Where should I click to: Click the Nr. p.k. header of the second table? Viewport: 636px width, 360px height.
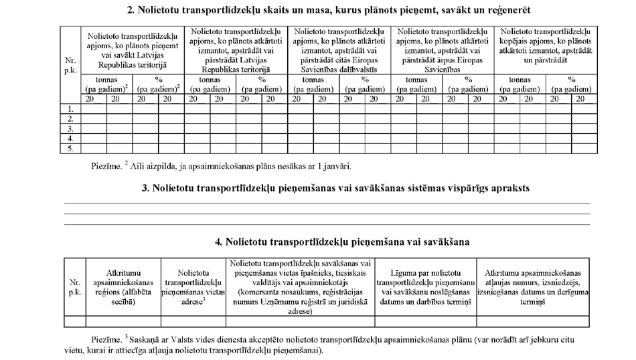point(74,287)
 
